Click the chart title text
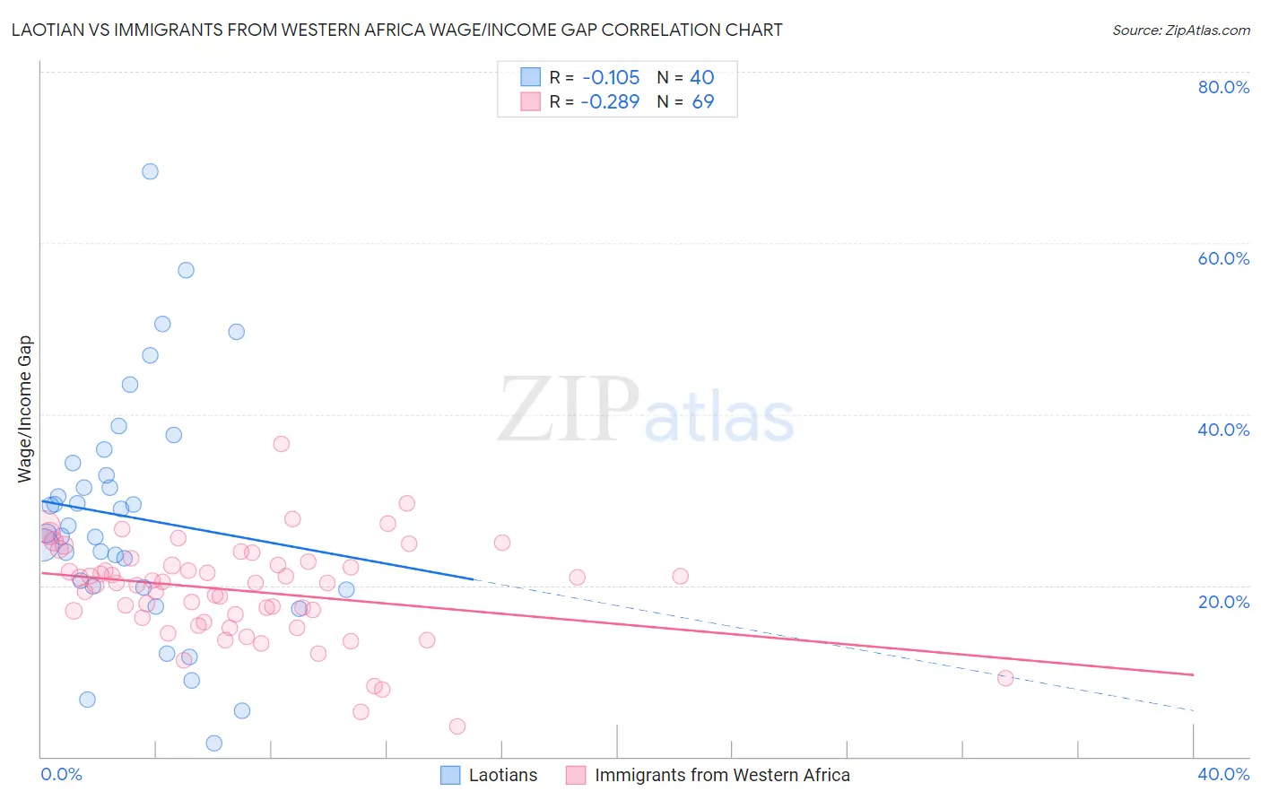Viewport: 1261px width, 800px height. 396,30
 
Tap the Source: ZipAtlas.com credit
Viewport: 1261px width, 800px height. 1180,30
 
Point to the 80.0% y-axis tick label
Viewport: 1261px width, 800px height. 1223,87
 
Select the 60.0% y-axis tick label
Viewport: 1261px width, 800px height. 1223,258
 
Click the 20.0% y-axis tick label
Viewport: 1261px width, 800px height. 1223,602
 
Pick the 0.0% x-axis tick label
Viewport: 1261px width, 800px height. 61,774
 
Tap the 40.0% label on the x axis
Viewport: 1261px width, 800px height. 1223,774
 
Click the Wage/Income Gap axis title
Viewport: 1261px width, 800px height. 25,409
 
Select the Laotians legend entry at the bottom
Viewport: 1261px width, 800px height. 489,775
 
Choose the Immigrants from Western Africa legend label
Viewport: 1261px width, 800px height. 709,775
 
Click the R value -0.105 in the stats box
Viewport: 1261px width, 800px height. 610,78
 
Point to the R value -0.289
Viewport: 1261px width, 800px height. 610,102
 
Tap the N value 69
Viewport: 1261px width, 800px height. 703,102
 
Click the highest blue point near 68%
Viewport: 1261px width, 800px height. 150,171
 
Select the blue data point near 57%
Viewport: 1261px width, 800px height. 186,270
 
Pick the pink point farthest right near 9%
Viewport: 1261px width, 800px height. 1005,678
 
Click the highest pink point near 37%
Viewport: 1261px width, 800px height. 281,444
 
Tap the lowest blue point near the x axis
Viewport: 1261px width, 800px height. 213,743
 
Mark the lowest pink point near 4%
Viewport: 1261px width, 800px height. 457,726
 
